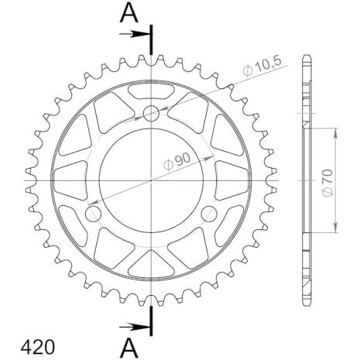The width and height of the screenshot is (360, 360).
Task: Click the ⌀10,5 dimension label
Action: coord(262,67)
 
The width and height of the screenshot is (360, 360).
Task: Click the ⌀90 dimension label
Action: coord(177,162)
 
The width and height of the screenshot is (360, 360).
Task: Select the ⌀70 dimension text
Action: coord(328,183)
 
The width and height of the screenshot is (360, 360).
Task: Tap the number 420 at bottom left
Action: coord(38,347)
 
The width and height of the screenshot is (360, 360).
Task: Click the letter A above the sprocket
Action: coord(129,13)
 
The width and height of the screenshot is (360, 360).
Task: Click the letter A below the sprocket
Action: coord(129,348)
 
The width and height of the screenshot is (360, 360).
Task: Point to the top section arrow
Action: coord(135,34)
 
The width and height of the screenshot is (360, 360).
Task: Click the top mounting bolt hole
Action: coord(151,113)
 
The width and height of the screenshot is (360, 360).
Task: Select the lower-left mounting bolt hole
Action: coord(93,214)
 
